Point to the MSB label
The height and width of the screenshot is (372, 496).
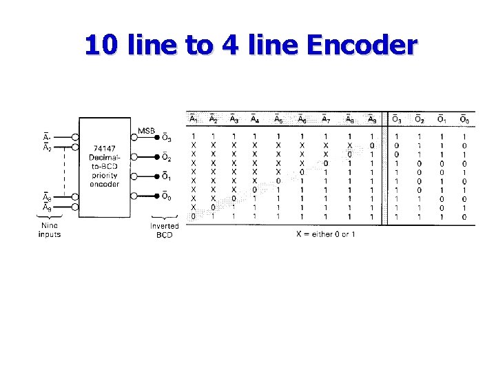[146, 131]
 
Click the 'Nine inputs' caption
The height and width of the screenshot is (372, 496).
[49, 229]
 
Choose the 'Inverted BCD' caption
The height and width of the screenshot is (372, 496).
[164, 229]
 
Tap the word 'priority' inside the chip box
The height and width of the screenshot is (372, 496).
[103, 176]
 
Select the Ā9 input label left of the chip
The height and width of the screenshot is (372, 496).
[47, 207]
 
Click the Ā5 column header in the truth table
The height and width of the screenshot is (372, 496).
[278, 120]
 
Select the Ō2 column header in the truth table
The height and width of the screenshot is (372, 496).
[419, 120]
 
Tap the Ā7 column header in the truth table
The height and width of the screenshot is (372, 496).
[326, 120]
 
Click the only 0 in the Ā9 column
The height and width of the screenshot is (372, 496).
[373, 145]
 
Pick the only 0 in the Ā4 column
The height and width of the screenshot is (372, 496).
[255, 189]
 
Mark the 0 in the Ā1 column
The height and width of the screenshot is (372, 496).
[193, 216]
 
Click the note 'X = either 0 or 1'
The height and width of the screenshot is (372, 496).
[326, 234]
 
